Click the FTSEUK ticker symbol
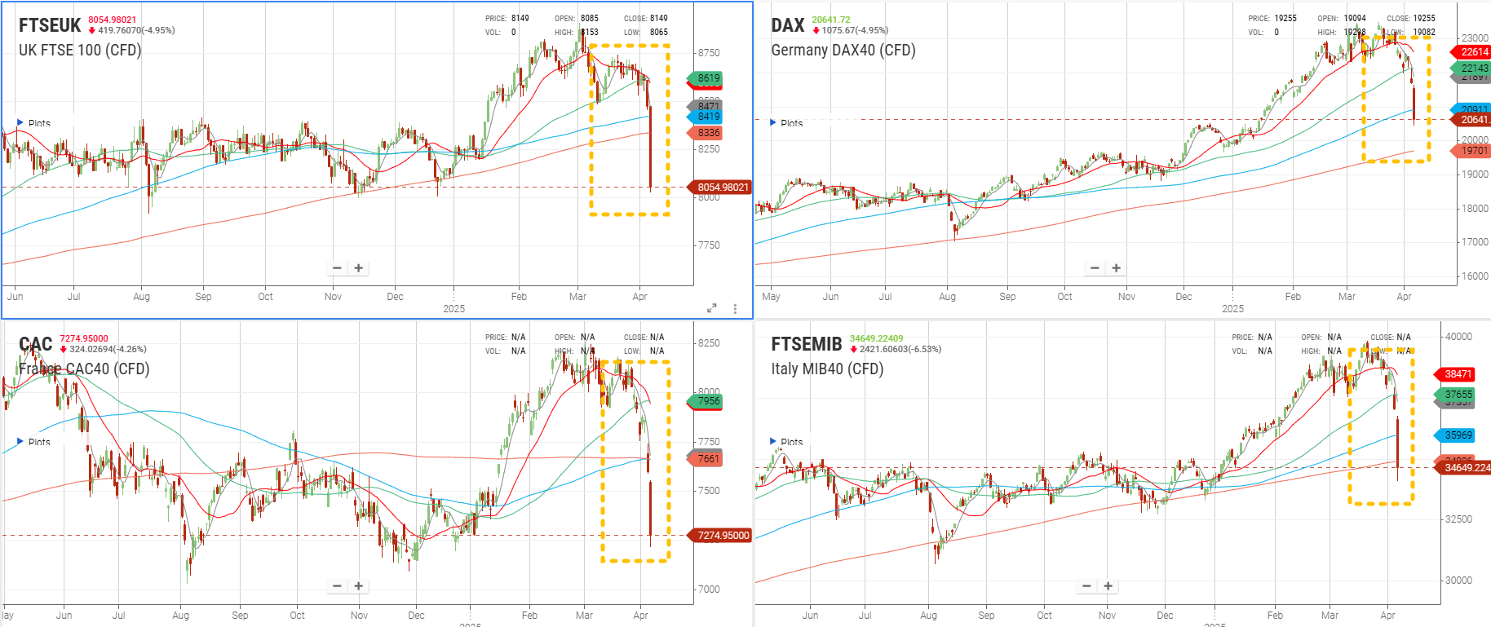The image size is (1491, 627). click(50, 25)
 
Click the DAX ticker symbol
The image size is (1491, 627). click(788, 25)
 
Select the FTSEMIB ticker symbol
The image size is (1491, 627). click(806, 344)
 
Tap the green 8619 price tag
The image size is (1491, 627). click(708, 78)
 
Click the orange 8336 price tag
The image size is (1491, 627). click(708, 132)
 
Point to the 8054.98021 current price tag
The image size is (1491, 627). click(722, 187)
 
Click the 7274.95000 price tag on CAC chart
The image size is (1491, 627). click(722, 536)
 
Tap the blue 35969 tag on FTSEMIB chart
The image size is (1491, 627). click(1458, 435)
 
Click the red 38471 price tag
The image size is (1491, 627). click(1458, 374)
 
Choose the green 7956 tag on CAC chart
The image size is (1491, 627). click(708, 400)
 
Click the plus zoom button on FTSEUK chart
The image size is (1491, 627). click(358, 267)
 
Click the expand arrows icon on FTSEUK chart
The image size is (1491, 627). click(711, 308)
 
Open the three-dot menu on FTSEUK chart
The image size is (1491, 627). click(735, 309)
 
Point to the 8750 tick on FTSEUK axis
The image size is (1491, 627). click(709, 52)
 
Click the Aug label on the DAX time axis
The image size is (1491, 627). click(947, 297)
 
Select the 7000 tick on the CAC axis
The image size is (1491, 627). click(709, 589)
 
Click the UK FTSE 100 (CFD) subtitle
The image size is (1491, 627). click(80, 50)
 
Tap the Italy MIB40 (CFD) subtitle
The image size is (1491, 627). click(827, 369)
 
